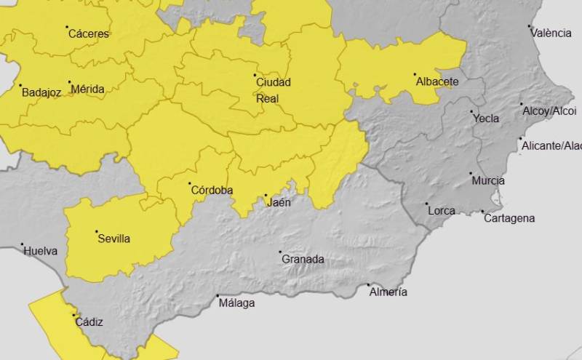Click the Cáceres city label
point(88,33)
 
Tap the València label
point(551,33)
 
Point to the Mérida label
point(87,89)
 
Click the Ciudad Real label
point(274,90)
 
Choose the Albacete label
point(436,82)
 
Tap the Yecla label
point(485,119)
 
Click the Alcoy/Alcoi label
point(550,111)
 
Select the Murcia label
point(487,181)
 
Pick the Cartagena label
point(509,218)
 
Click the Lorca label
point(442,211)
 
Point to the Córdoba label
point(212,191)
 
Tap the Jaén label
point(279,203)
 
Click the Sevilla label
point(113,239)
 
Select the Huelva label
point(41,251)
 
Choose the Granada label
point(303,259)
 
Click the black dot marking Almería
point(368,284)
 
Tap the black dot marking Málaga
point(218,295)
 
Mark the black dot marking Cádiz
point(73,315)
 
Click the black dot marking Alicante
point(520,138)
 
